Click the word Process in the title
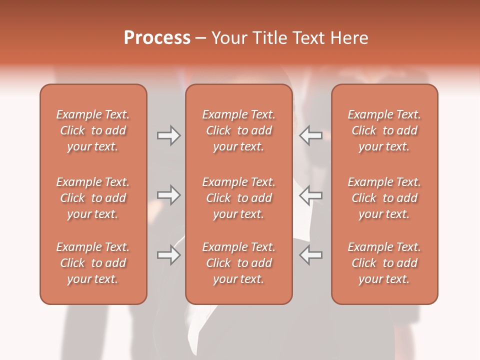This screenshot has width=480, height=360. click(x=157, y=38)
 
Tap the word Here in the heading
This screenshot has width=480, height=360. click(x=349, y=38)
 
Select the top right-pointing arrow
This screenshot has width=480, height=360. click(x=168, y=135)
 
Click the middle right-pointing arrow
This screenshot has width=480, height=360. click(x=168, y=195)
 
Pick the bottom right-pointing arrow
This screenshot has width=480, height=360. click(x=168, y=255)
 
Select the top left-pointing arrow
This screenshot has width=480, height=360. click(x=310, y=135)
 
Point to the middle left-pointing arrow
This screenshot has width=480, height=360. click(x=310, y=195)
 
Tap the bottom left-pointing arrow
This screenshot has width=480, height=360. click(x=310, y=255)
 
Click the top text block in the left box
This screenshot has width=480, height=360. click(x=93, y=130)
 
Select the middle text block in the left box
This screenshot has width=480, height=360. click(x=93, y=198)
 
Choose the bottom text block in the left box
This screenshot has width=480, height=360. click(x=93, y=263)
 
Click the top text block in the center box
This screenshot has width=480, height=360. click(x=238, y=130)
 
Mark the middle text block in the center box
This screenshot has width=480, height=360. click(x=238, y=198)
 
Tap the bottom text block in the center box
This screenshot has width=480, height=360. click(x=238, y=263)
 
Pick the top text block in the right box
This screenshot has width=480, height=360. click(x=384, y=130)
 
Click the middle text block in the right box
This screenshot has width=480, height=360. click(x=384, y=198)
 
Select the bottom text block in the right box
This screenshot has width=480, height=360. click(x=384, y=263)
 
